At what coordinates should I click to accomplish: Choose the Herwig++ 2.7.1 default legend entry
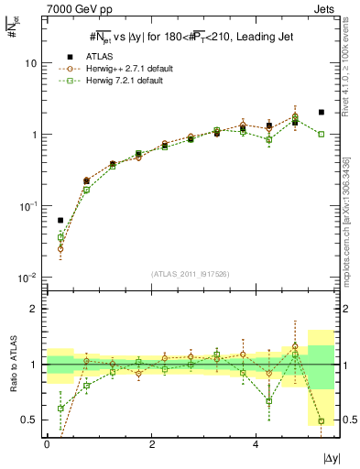coord(124,68)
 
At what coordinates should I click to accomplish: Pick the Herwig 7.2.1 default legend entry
coord(122,81)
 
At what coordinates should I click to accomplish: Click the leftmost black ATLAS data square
coord(60,221)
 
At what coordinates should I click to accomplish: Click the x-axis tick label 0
coord(47,444)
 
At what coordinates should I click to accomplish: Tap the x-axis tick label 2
coord(151,444)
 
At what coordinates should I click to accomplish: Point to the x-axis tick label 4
coord(256,444)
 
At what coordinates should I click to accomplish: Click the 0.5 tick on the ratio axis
coord(31,420)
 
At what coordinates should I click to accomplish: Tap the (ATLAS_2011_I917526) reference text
coord(191,273)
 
